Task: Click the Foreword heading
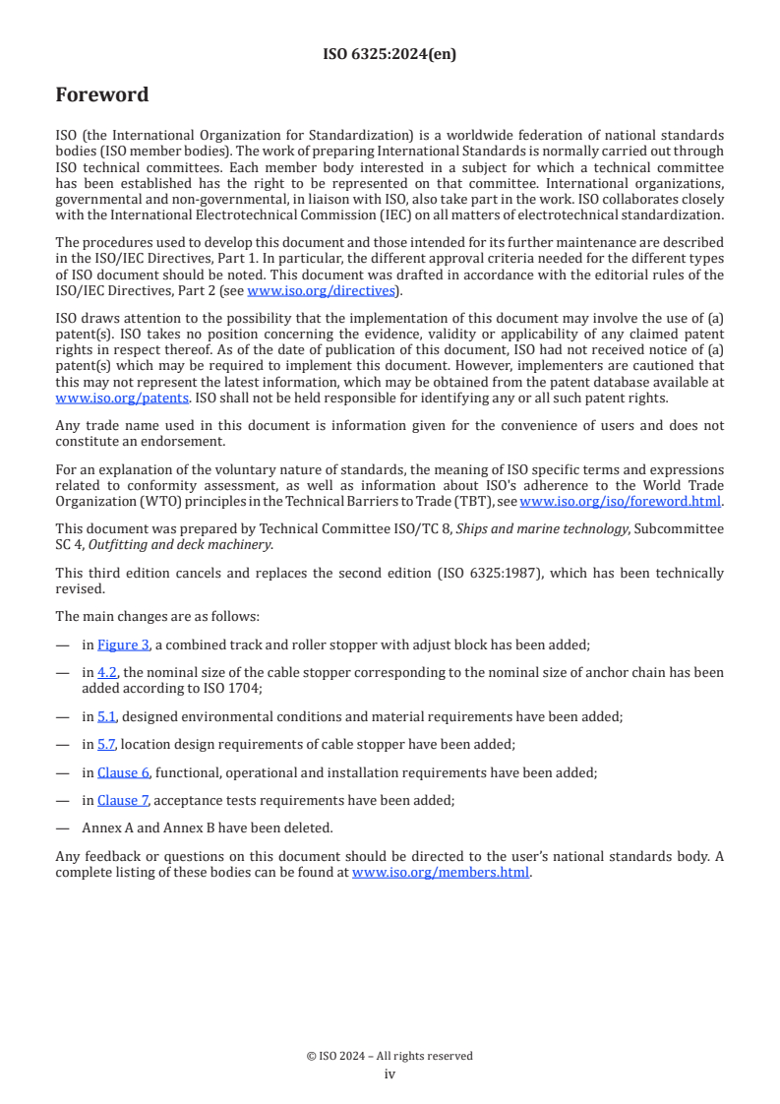click(x=102, y=95)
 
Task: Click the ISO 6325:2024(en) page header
click(x=390, y=55)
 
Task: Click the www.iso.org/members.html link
click(x=441, y=872)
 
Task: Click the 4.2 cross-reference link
click(x=106, y=672)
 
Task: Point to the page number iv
click(x=390, y=1073)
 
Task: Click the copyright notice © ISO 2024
click(x=390, y=1056)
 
